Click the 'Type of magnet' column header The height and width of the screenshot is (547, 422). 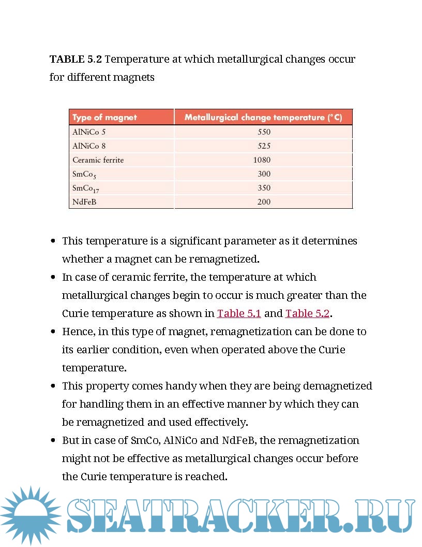click(104, 118)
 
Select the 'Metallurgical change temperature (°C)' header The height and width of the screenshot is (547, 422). click(263, 118)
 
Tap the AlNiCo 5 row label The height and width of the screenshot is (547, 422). click(89, 132)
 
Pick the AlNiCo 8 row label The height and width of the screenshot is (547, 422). click(89, 146)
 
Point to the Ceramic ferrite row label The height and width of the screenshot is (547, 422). click(98, 160)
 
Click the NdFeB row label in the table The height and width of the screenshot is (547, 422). click(84, 202)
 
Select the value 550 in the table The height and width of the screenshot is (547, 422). click(264, 132)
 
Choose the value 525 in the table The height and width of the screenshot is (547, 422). click(264, 146)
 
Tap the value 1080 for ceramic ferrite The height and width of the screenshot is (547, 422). click(262, 160)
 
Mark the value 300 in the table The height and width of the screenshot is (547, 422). click(264, 174)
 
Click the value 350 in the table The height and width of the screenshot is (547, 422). click(264, 188)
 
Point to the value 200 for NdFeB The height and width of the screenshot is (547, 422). click(264, 202)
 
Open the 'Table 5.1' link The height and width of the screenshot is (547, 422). click(239, 313)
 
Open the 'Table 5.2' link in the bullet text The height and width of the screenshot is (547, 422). click(307, 313)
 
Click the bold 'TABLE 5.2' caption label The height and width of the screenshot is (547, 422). click(76, 59)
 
